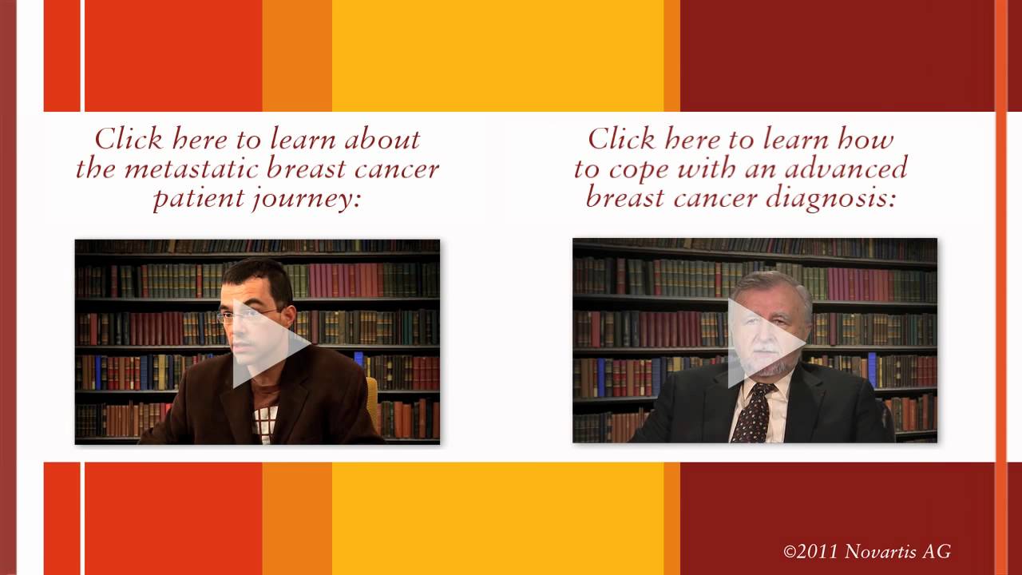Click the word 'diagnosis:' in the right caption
(830, 200)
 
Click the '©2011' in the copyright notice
(810, 552)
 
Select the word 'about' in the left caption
(382, 139)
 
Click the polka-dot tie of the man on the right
(755, 414)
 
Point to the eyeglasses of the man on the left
(248, 315)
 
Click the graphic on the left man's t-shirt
(266, 422)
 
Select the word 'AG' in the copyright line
(937, 551)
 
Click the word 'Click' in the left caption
(129, 138)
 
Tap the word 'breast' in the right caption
(625, 199)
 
